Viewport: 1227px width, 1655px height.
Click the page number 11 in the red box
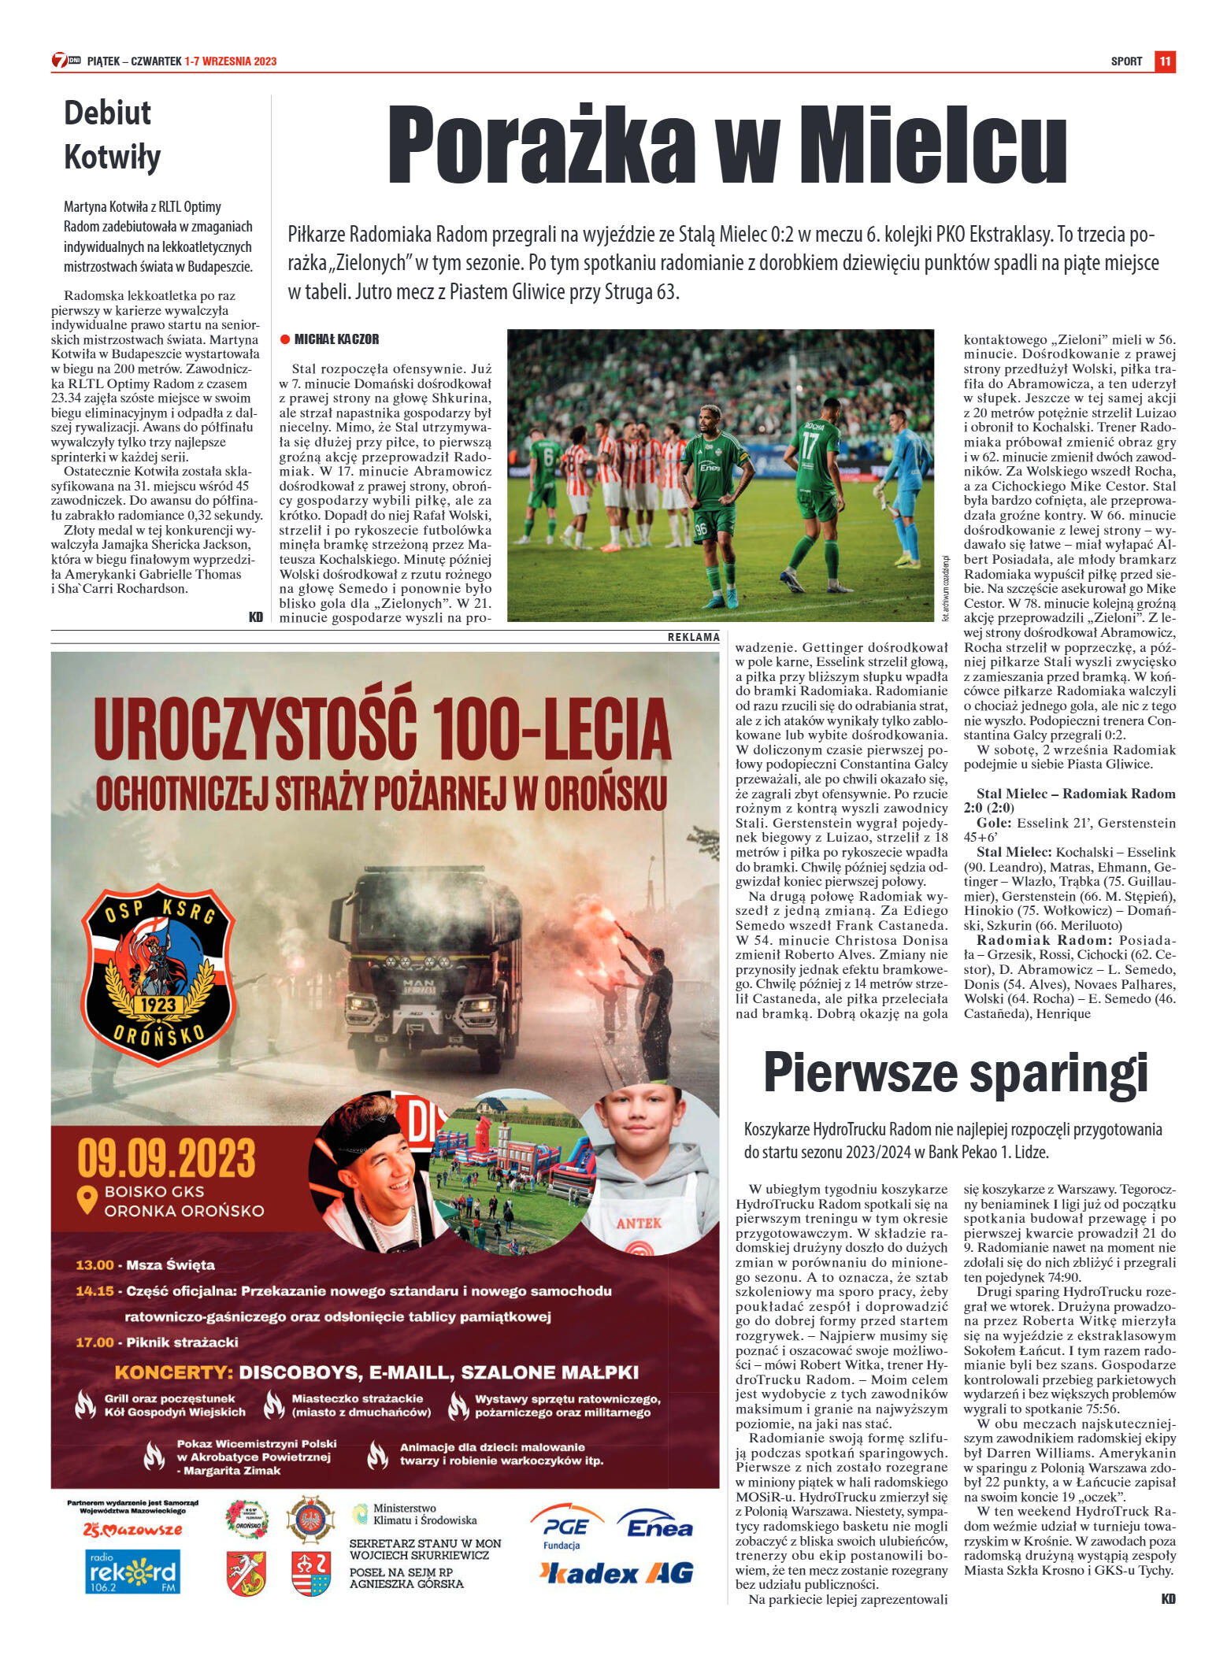point(1165,61)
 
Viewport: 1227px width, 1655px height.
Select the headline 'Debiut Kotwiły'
point(112,135)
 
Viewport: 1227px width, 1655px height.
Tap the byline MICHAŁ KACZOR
point(336,339)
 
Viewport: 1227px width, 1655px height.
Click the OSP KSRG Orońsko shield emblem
point(158,973)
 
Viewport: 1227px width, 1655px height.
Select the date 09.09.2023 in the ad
point(166,1158)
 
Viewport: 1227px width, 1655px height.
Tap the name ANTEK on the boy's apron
point(639,1223)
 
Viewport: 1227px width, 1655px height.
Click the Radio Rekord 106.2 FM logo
point(132,1572)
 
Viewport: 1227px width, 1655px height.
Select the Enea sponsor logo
point(658,1527)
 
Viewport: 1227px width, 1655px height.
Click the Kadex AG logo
point(617,1573)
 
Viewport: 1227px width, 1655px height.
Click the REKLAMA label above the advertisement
point(693,637)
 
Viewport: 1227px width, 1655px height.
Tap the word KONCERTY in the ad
point(173,1372)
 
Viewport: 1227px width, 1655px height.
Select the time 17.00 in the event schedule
point(95,1342)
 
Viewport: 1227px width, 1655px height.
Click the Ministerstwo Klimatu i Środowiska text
point(424,1514)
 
